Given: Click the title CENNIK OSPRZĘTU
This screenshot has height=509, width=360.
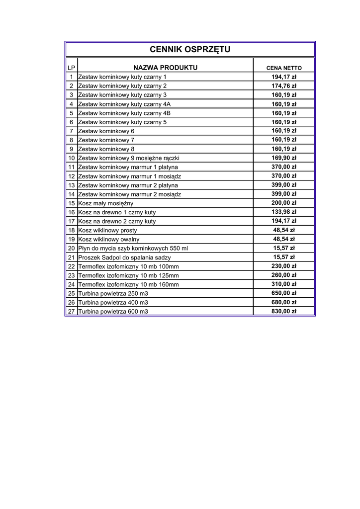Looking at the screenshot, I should pyautogui.click(x=190, y=50).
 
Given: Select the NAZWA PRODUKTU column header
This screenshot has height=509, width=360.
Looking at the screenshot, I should pyautogui.click(x=165, y=67).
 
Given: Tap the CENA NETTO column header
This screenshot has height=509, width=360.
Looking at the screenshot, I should pyautogui.click(x=284, y=68).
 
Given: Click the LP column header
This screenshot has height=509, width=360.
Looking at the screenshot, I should pyautogui.click(x=72, y=68).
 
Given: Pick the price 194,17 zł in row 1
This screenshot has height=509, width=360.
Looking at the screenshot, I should pyautogui.click(x=284, y=77).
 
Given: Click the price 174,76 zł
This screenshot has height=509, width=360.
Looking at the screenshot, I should pyautogui.click(x=284, y=86).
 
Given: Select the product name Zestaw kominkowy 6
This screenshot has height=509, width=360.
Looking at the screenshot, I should pyautogui.click(x=106, y=131).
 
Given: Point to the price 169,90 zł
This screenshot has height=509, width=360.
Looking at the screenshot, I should pyautogui.click(x=284, y=158).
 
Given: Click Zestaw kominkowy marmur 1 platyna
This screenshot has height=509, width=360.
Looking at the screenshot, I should pyautogui.click(x=128, y=167).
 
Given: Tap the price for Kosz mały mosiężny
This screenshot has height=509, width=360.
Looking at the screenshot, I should pyautogui.click(x=284, y=203).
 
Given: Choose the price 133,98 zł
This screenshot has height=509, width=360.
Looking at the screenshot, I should pyautogui.click(x=284, y=212).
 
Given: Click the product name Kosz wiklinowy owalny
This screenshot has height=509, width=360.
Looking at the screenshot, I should pyautogui.click(x=109, y=240).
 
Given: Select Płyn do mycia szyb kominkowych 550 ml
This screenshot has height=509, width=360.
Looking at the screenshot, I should pyautogui.click(x=133, y=249).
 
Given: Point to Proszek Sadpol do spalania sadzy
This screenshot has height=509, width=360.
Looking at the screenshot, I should pyautogui.click(x=124, y=257).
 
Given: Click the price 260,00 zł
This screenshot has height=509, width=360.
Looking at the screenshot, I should pyautogui.click(x=284, y=275).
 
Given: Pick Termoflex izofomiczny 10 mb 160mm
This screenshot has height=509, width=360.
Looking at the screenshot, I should pyautogui.click(x=129, y=285).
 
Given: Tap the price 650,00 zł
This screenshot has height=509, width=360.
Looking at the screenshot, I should pyautogui.click(x=284, y=293).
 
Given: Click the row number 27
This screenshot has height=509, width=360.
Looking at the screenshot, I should pyautogui.click(x=72, y=312).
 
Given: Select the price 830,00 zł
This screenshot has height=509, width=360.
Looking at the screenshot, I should pyautogui.click(x=284, y=311).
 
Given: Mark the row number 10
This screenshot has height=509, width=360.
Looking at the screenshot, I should pyautogui.click(x=72, y=158).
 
